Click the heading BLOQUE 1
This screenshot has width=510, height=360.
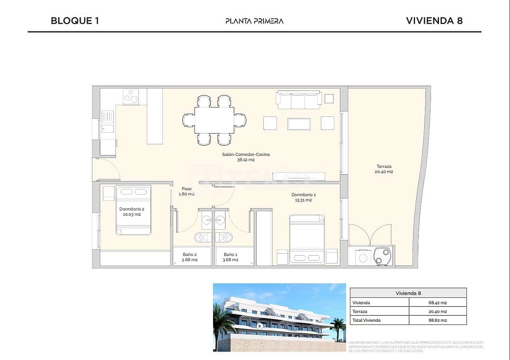tap(75, 21)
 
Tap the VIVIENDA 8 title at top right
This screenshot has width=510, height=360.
tap(434, 21)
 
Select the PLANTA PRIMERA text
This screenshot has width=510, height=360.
tap(254, 21)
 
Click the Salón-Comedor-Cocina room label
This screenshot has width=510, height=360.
tap(246, 157)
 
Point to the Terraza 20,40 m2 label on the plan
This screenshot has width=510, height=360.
tap(384, 169)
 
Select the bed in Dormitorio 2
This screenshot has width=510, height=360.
tap(134, 210)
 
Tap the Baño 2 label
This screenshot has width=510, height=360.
tap(190, 257)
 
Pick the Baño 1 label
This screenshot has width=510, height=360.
tap(231, 257)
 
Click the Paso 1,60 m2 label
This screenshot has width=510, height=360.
tap(186, 191)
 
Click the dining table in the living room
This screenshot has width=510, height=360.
tap(214, 120)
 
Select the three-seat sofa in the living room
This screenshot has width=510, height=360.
tap(299, 100)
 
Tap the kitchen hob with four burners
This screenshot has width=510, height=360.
tap(130, 96)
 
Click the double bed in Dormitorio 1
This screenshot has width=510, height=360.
tap(307, 239)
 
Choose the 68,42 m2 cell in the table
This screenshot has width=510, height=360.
tap(437, 303)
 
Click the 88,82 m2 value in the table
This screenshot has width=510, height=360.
tap(437, 320)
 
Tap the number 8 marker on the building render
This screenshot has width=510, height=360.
tap(260, 326)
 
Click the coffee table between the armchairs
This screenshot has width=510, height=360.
tap(299, 124)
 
